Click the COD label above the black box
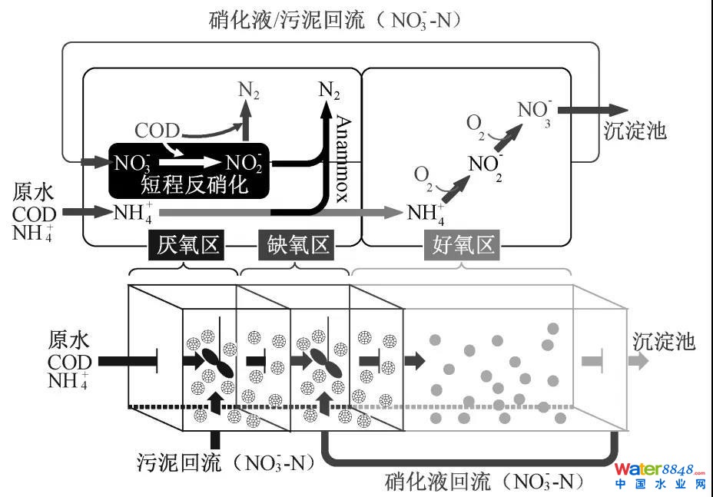pyautogui.click(x=157, y=131)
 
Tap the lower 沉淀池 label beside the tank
pyautogui.click(x=665, y=341)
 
